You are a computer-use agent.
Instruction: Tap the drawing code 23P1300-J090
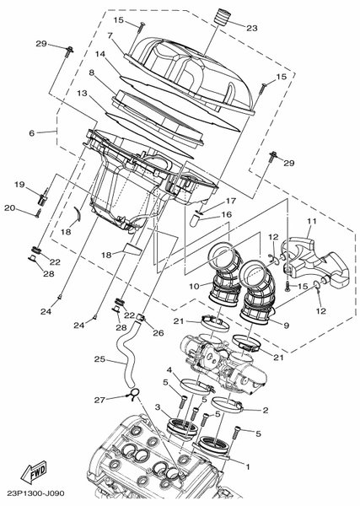pyautogui.click(x=36, y=493)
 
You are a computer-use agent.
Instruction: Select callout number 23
pyautogui.click(x=252, y=28)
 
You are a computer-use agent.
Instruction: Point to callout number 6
pyautogui.click(x=31, y=133)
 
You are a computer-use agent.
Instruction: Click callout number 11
pyautogui.click(x=312, y=221)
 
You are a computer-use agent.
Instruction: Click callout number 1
pyautogui.click(x=248, y=466)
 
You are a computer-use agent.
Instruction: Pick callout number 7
pyautogui.click(x=110, y=35)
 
